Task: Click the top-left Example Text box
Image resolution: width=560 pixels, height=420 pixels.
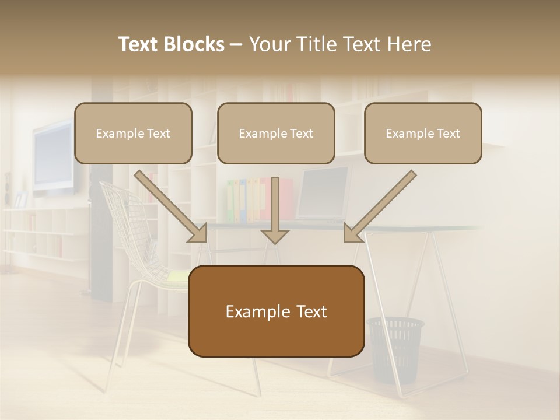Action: coord(133,133)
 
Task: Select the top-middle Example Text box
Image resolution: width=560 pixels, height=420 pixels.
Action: coord(276,133)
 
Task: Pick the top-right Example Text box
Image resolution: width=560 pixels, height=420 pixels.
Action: coord(423,133)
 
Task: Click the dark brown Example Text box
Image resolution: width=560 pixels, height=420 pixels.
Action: coord(276,311)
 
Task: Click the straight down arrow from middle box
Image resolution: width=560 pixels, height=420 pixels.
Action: coord(275,210)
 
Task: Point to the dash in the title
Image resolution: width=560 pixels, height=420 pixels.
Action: coord(236,45)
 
